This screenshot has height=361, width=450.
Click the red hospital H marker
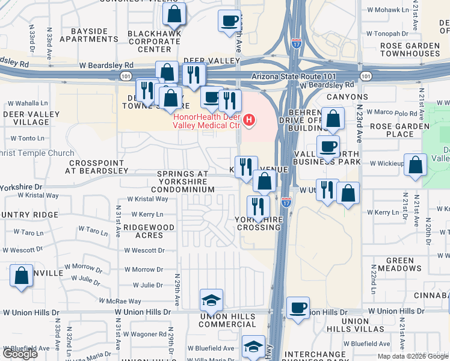click(x=248, y=121)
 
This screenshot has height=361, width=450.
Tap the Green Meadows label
click(x=395, y=265)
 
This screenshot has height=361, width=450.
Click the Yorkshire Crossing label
click(x=259, y=224)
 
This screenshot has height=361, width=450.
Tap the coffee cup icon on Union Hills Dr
click(x=298, y=307)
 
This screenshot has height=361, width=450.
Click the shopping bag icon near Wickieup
click(x=415, y=164)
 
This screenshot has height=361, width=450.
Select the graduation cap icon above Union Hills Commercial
click(x=211, y=299)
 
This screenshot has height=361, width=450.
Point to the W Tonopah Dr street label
click(x=391, y=34)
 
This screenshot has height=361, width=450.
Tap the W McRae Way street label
click(x=121, y=301)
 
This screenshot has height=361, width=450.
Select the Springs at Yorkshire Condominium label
click(x=183, y=182)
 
